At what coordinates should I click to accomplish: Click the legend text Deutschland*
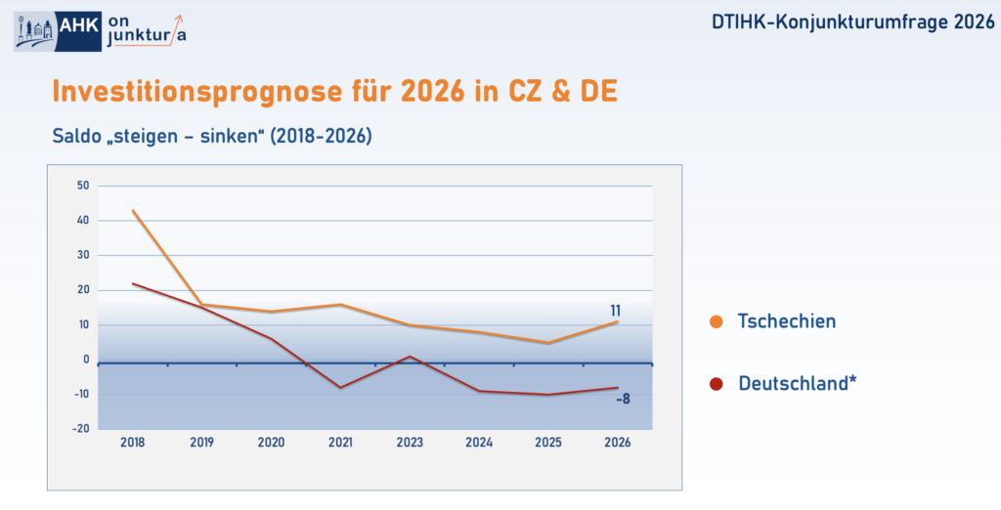pyautogui.click(x=797, y=384)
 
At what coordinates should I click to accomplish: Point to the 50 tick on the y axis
pyautogui.click(x=83, y=186)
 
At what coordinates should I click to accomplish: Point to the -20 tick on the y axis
pyautogui.click(x=81, y=428)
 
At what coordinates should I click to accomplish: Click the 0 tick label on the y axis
pyautogui.click(x=86, y=360)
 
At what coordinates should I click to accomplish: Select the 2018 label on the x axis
pyautogui.click(x=132, y=443)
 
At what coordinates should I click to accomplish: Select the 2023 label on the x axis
pyautogui.click(x=410, y=443)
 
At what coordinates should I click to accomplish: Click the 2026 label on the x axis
pyautogui.click(x=618, y=443)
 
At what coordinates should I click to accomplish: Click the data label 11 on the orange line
pyautogui.click(x=615, y=311)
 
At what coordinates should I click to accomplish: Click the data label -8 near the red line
pyautogui.click(x=622, y=399)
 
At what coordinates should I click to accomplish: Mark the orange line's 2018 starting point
pyautogui.click(x=133, y=210)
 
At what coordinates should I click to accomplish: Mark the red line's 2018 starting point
pyautogui.click(x=133, y=283)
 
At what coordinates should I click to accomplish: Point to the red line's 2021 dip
pyautogui.click(x=340, y=388)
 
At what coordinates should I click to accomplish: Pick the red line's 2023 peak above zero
pyautogui.click(x=410, y=357)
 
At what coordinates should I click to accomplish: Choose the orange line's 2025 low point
pyautogui.click(x=548, y=343)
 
